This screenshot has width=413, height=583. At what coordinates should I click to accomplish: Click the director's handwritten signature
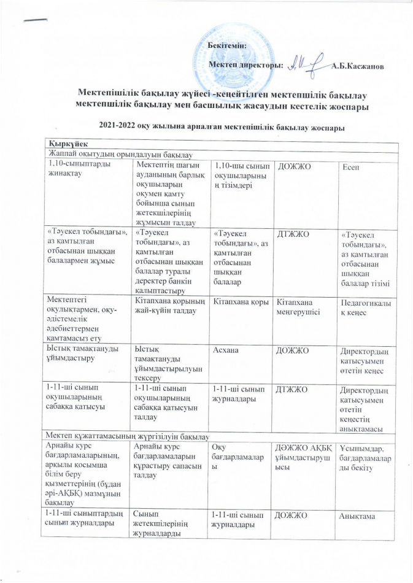pos(303,63)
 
